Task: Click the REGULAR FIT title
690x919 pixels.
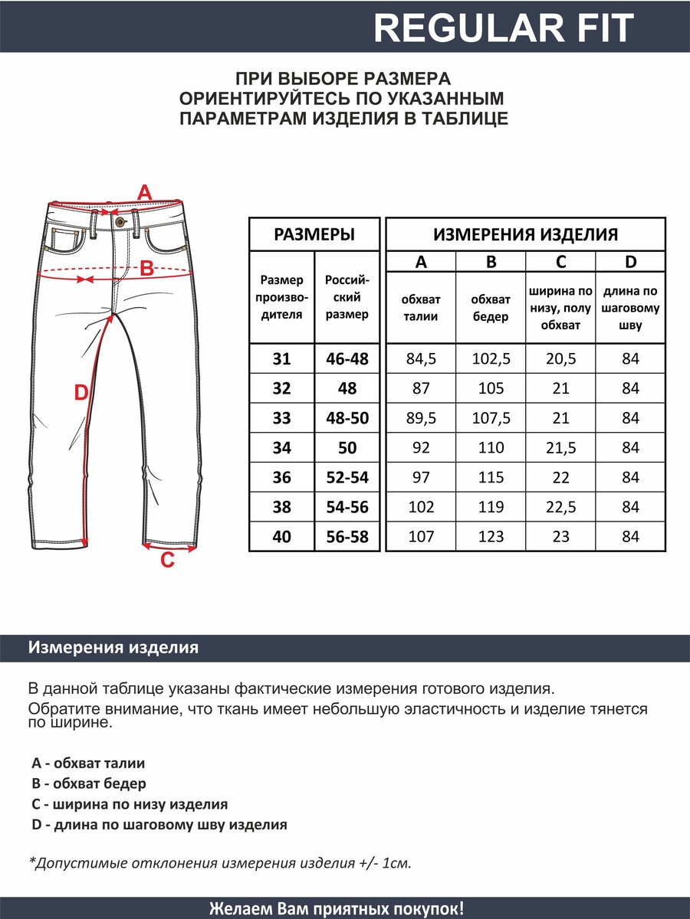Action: [x=504, y=28]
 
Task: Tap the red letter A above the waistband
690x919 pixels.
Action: [x=144, y=193]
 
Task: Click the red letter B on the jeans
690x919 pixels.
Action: [x=146, y=269]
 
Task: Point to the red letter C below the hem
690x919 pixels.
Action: [x=167, y=561]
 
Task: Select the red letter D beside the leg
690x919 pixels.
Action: [x=81, y=393]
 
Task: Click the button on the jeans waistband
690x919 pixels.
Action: [x=119, y=221]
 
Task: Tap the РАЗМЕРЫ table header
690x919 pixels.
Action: [x=314, y=234]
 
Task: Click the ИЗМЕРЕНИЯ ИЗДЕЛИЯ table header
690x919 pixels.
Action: [x=525, y=234]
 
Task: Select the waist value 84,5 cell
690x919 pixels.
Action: [x=421, y=358]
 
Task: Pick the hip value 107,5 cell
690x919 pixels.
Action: [x=491, y=418]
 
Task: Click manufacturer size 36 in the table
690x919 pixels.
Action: [x=281, y=477]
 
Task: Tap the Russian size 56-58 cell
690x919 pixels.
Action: [x=347, y=537]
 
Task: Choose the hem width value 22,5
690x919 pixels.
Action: [x=560, y=507]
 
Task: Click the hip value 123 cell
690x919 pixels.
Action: [x=491, y=537]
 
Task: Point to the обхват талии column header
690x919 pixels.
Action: [x=421, y=308]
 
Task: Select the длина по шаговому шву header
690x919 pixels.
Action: [x=630, y=308]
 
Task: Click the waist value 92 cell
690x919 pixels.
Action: [x=421, y=448]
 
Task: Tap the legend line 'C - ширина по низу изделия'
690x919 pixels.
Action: [x=130, y=805]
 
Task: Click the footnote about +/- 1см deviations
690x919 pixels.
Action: [x=220, y=863]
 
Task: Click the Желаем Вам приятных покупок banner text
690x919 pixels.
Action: [x=336, y=908]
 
